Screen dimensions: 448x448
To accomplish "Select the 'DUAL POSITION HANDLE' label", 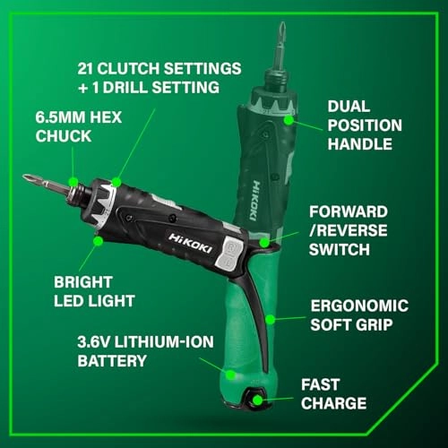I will (364, 125).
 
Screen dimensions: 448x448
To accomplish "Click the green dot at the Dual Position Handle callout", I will (288, 116).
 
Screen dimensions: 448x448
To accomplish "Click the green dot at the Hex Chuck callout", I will (73, 176).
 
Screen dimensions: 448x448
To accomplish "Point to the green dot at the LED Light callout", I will (98, 239).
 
